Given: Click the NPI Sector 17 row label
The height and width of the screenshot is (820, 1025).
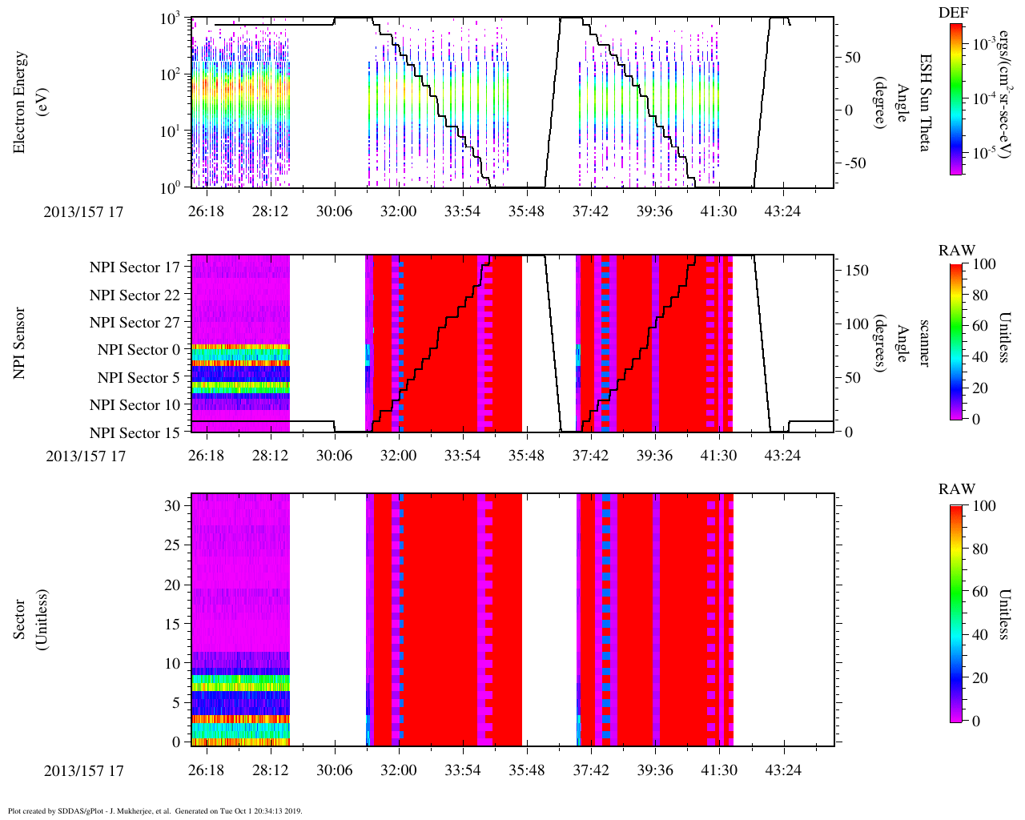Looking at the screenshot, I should click(x=135, y=267).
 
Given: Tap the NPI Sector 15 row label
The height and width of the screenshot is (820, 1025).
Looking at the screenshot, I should click(x=135, y=433).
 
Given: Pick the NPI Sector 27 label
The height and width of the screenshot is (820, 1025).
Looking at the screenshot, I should click(x=135, y=323).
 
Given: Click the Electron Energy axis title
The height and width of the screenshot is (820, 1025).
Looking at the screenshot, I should click(x=20, y=102).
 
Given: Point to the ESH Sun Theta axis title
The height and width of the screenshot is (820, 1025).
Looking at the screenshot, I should click(x=925, y=102).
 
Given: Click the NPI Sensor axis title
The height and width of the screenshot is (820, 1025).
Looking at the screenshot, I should click(x=20, y=343).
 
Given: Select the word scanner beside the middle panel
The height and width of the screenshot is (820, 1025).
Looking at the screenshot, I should click(x=925, y=344).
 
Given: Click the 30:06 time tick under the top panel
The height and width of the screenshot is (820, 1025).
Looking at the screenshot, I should click(x=334, y=211).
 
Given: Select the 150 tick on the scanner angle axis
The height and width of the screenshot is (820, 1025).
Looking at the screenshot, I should click(x=858, y=271).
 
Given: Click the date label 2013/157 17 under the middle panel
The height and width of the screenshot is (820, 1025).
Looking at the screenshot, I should click(x=86, y=456).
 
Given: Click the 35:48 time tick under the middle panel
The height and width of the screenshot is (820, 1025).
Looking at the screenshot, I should click(x=526, y=456).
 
